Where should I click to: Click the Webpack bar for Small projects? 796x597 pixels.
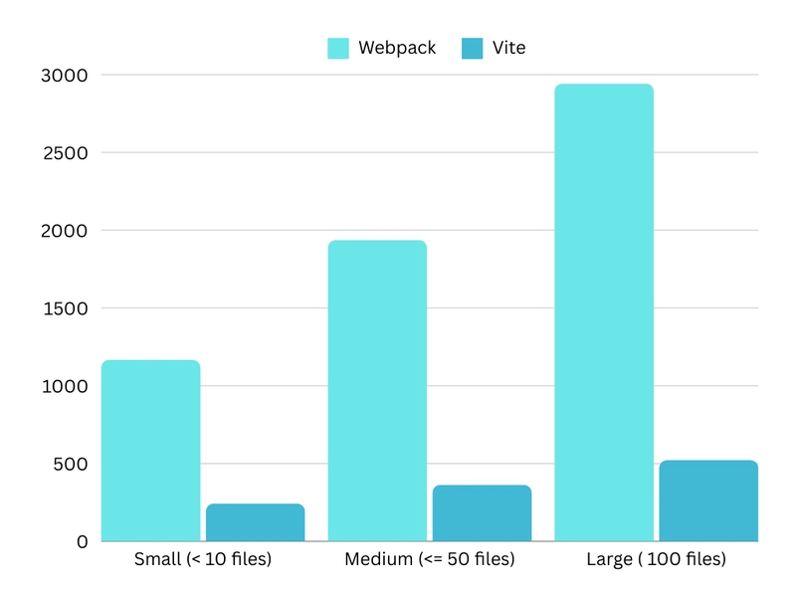(150, 451)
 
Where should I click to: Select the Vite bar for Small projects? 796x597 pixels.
(255, 522)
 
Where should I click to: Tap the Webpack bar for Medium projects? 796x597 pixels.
(377, 391)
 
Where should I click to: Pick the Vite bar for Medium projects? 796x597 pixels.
(482, 513)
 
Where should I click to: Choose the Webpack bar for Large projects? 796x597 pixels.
(604, 312)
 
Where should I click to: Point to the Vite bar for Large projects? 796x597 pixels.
(708, 500)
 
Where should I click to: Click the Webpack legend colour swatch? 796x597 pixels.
(338, 48)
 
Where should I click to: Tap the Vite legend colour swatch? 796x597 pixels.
(473, 48)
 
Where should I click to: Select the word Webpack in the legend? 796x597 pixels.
(397, 48)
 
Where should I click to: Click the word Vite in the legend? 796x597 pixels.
(508, 48)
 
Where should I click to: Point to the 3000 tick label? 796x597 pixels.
(66, 76)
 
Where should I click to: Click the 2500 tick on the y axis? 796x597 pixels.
(66, 153)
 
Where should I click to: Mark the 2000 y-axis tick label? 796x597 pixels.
(66, 231)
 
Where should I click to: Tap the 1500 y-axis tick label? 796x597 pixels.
(66, 308)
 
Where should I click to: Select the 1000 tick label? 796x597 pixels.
(66, 386)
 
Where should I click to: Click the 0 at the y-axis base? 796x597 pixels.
(83, 542)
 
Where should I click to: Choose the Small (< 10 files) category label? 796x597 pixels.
(203, 559)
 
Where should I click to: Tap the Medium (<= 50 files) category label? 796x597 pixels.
(430, 559)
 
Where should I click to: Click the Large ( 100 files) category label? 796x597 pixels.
(656, 559)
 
